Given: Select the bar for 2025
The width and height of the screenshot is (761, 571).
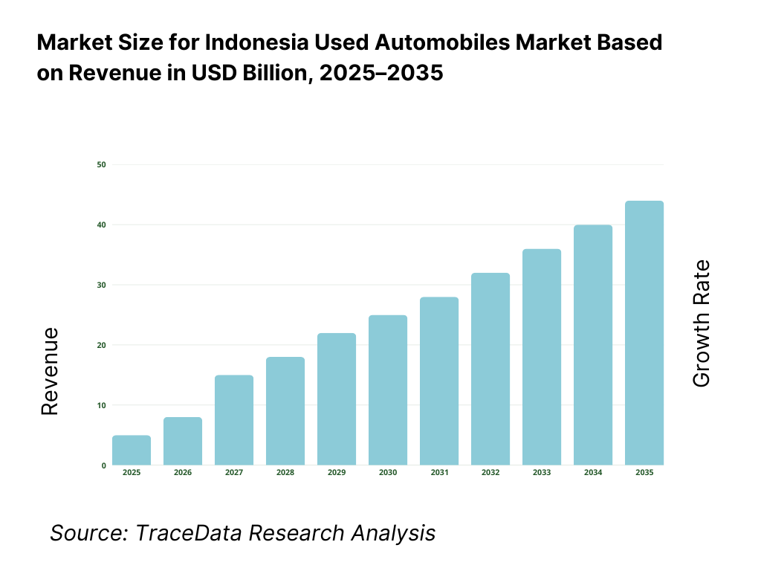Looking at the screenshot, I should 132,451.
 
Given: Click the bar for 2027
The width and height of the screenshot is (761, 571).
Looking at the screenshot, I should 234,420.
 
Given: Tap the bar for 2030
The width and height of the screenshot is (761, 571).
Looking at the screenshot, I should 388,390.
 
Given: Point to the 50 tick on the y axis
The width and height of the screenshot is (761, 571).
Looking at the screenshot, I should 101,164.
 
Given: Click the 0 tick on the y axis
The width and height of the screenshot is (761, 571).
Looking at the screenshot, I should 103,465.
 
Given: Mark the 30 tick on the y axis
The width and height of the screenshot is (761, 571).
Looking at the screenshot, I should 101,285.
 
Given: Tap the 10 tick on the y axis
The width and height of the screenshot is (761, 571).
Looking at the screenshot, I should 101,405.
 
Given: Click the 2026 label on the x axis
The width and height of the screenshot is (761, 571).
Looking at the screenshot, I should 183,473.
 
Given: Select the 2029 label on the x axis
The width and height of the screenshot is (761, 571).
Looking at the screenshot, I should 337,473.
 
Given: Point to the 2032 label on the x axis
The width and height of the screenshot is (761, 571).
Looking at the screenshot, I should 490,473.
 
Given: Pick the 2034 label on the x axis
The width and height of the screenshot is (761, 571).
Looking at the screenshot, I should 593,473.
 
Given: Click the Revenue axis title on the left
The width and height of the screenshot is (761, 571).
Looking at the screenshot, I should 50,371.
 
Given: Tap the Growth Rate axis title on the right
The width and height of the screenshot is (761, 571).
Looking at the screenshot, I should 701,323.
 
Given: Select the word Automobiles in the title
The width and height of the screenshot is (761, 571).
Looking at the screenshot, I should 462,43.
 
